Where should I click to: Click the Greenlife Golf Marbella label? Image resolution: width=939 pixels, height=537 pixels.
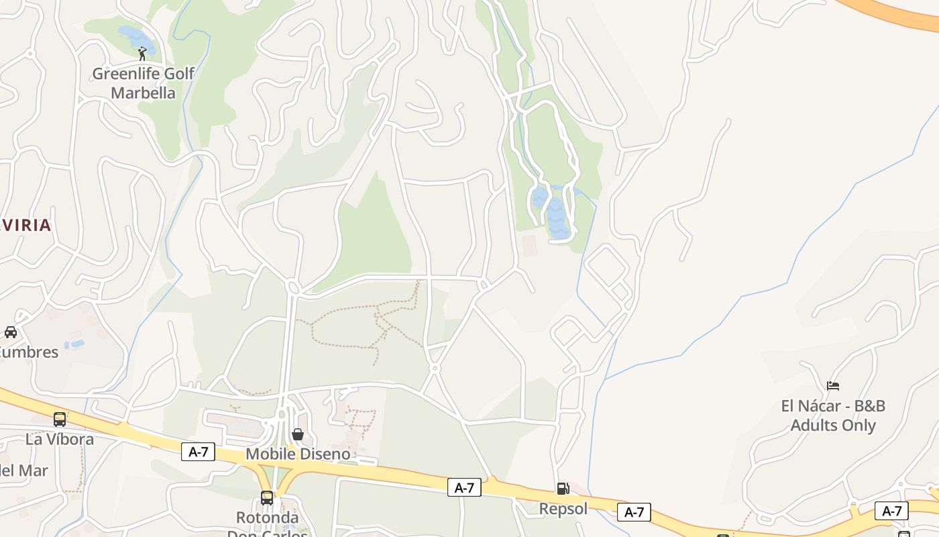coord(143,83)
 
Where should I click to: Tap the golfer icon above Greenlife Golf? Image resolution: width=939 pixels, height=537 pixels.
coord(142,54)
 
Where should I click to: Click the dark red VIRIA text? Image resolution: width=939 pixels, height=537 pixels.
coord(26,226)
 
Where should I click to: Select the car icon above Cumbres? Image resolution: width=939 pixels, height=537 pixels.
coord(11,332)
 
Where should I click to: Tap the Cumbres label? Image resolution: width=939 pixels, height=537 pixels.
coord(28,352)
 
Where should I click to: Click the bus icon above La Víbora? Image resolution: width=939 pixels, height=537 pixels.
coord(60,420)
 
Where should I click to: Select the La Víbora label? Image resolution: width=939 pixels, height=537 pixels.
coord(60,440)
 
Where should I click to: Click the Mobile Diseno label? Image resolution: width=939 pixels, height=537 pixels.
coord(298,454)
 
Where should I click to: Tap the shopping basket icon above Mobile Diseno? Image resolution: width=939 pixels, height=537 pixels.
coord(298,434)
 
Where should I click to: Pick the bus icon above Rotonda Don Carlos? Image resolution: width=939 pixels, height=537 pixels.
coord(267,498)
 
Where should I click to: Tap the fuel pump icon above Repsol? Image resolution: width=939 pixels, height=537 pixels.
coord(563,489)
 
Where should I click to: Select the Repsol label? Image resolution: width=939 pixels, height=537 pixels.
coord(563,509)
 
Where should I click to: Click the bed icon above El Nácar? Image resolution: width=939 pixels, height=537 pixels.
coord(833,386)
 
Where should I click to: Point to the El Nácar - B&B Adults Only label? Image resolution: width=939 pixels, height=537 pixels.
coord(833,416)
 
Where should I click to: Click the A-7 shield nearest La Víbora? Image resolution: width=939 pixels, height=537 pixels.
coord(198,452)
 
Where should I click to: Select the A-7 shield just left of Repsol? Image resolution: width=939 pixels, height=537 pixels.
coord(464,487)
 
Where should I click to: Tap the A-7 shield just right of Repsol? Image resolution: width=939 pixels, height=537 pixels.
coord(634,512)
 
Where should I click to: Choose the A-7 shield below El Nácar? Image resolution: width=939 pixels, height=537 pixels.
coord(891,511)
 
